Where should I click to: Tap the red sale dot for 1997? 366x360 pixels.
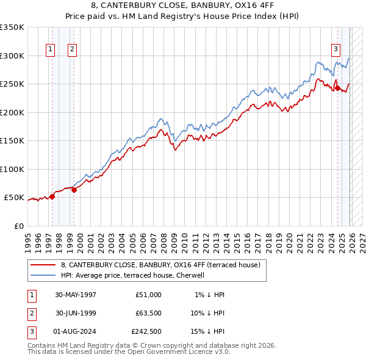pos(52,196)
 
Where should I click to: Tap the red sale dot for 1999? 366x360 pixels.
pos(74,190)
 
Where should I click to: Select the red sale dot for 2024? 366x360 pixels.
pos(337,88)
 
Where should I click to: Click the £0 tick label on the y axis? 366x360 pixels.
pos(18,226)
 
